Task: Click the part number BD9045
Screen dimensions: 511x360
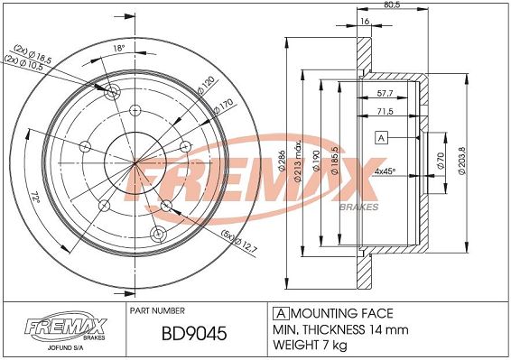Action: [194, 333]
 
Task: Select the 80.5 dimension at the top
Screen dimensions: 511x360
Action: [393, 5]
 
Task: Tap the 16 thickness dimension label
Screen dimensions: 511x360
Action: [365, 21]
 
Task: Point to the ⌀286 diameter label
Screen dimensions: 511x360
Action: [283, 161]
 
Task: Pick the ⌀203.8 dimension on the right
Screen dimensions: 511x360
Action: [462, 161]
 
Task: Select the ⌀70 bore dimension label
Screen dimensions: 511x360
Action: [441, 161]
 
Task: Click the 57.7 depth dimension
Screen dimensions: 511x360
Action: [385, 93]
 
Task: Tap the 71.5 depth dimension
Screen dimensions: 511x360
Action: [385, 111]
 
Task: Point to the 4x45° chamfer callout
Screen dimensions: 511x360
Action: [385, 171]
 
